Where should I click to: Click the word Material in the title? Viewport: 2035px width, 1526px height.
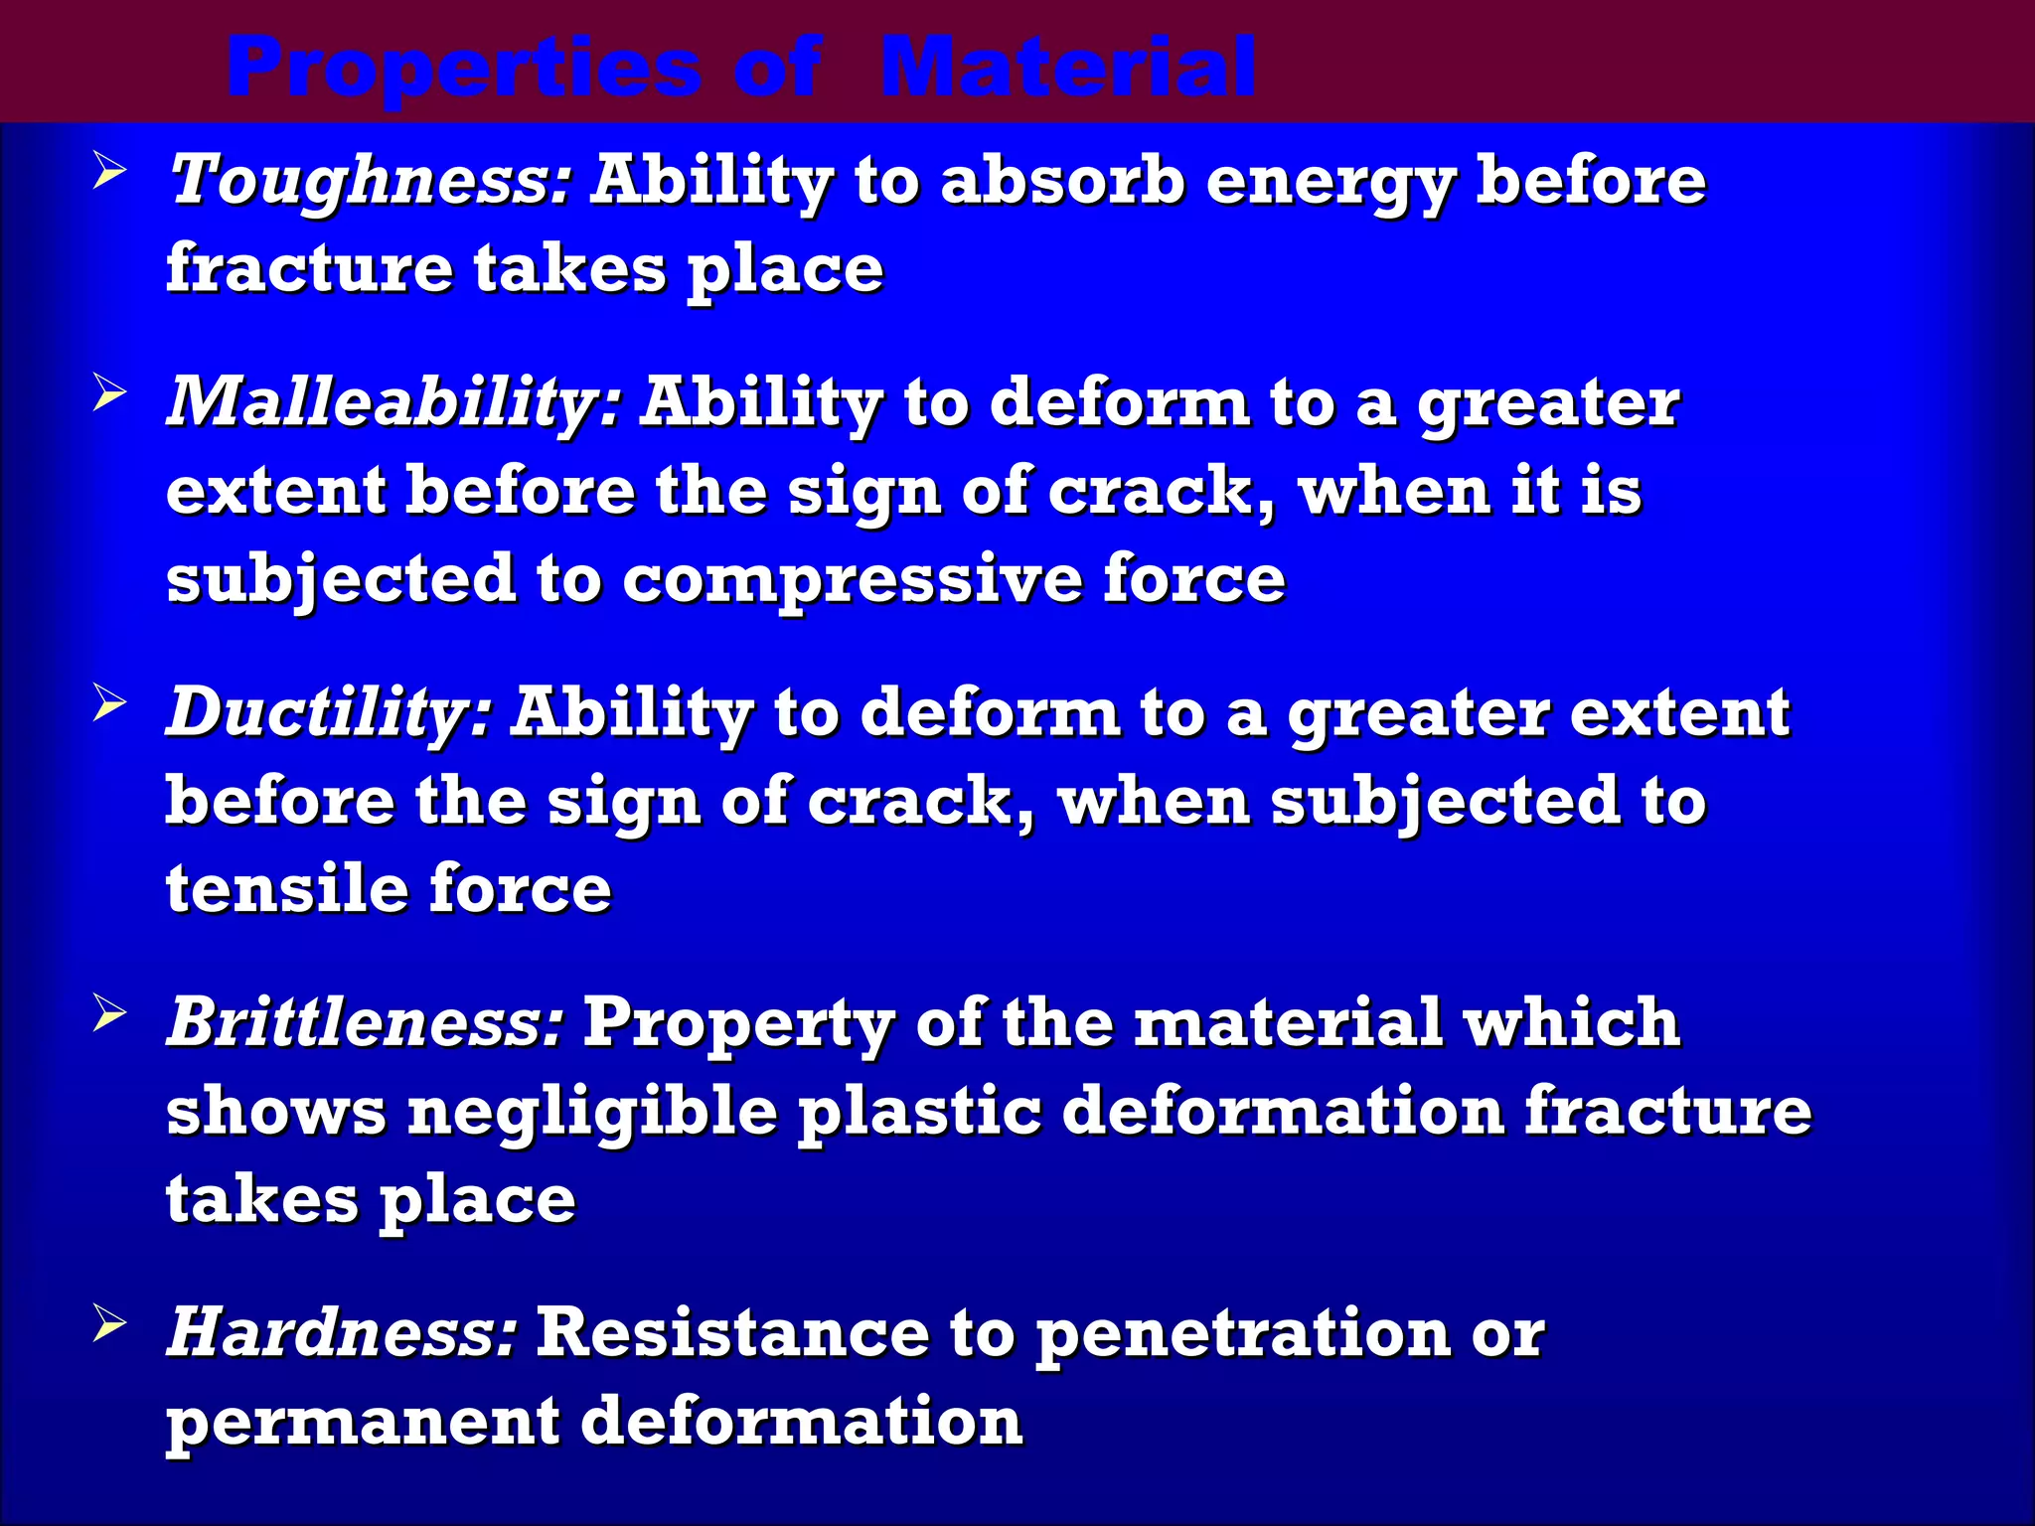click(1068, 68)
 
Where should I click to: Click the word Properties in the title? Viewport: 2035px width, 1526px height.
click(464, 68)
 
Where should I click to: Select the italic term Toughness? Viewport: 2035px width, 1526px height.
click(370, 182)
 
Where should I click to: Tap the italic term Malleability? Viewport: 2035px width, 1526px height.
click(394, 403)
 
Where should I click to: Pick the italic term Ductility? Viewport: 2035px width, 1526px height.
click(329, 713)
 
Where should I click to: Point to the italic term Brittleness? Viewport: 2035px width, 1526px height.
click(366, 1022)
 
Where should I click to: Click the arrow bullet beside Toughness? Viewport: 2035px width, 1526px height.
click(109, 172)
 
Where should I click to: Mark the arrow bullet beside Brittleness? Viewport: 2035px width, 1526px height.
click(109, 1013)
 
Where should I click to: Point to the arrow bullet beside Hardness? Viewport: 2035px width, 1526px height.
click(109, 1323)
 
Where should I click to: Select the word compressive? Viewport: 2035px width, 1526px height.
click(853, 579)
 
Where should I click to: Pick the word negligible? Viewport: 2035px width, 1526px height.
click(592, 1112)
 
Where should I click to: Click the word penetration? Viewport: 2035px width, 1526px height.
click(1243, 1334)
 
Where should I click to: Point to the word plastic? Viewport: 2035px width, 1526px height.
click(920, 1112)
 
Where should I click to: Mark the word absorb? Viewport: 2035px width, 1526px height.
click(1062, 182)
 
